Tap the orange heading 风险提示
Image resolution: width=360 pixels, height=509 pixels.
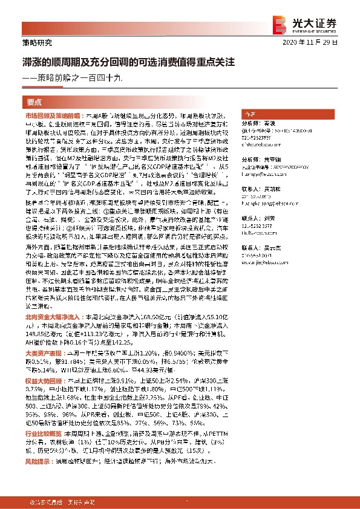tap(38, 461)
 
